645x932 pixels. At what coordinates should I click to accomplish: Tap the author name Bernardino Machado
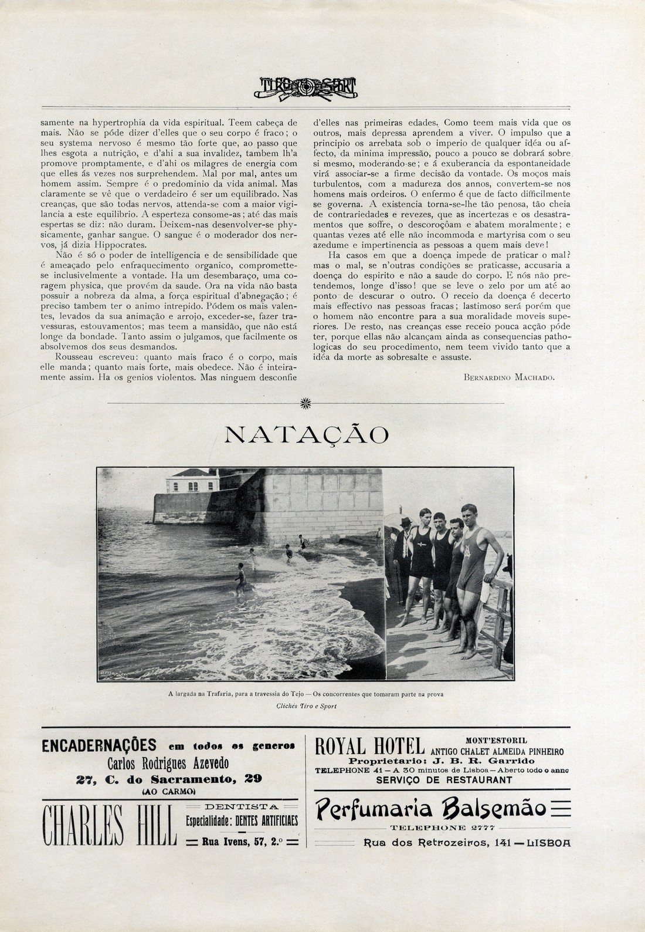point(508,378)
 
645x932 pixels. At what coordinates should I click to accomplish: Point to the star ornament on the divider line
point(305,403)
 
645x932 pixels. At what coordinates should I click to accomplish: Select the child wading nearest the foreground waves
point(239,578)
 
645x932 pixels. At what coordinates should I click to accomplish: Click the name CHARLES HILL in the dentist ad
point(108,826)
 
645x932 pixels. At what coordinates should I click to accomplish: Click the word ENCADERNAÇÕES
point(100,746)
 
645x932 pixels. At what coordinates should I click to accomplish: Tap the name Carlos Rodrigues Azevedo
point(168,763)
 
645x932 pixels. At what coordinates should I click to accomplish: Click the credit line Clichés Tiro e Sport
point(306,706)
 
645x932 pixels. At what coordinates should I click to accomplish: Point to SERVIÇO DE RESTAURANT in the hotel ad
point(443,780)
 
